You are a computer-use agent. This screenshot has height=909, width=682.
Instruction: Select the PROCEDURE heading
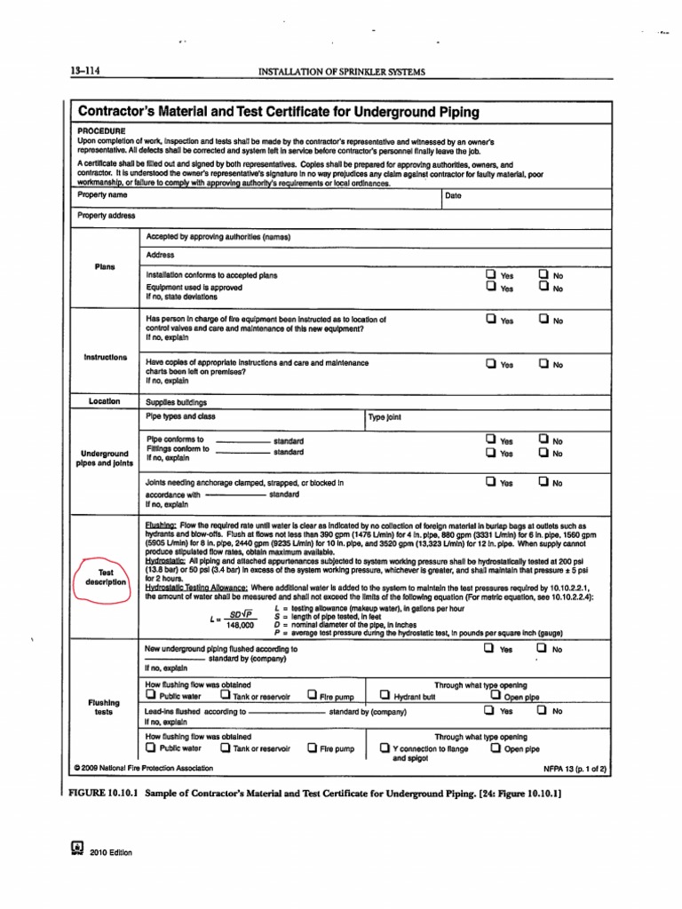102,130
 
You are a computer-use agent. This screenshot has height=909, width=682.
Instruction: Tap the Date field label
453,195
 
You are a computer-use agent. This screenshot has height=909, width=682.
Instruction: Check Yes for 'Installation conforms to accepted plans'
489,275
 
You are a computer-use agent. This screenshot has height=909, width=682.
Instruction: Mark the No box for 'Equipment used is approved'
543,288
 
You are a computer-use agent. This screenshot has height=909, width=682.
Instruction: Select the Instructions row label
105,357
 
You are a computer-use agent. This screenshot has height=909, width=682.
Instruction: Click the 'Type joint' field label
385,416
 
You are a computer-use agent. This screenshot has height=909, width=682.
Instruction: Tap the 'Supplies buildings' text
177,401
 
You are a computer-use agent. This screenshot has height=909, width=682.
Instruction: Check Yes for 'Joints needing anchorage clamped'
489,483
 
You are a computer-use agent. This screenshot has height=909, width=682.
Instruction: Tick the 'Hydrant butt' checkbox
385,695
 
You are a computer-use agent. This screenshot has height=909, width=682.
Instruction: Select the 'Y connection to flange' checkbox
385,748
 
